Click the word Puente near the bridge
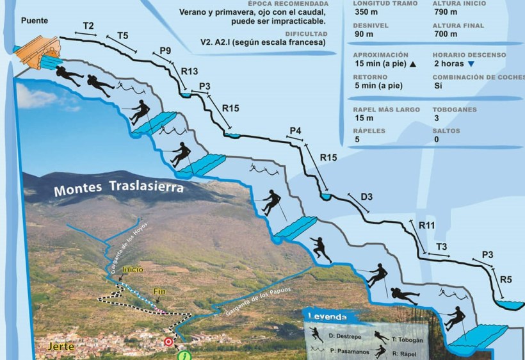coord(34,20)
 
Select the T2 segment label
coord(88,26)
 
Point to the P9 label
coord(165,51)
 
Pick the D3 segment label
coord(366,196)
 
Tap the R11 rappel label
coord(427,225)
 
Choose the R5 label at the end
coord(506,279)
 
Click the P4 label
coord(295,131)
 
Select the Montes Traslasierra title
coord(118,189)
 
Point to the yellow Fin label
coord(159,292)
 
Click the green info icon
coord(184,356)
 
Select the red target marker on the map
coord(168,342)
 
